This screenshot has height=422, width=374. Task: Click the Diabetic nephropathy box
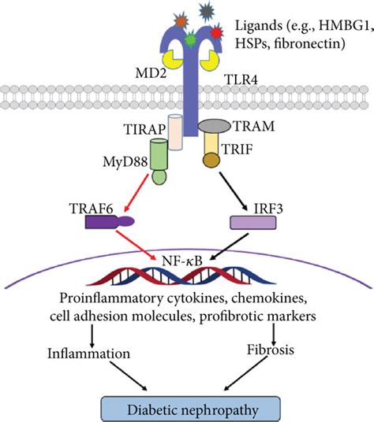point(188,407)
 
